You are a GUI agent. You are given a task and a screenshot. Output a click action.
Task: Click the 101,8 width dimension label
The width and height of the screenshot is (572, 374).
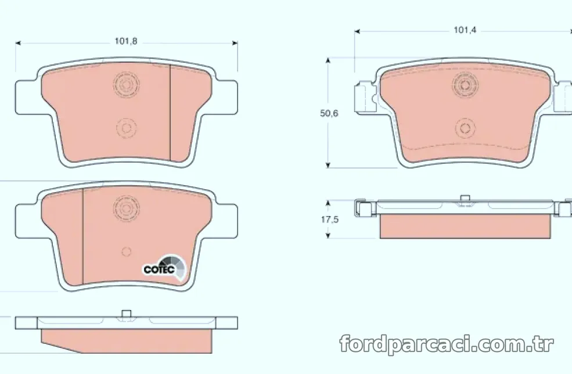click(x=126, y=41)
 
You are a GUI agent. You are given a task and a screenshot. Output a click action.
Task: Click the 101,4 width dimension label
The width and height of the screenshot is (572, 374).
click(x=465, y=30)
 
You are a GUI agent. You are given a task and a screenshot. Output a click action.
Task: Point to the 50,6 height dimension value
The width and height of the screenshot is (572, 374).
click(x=329, y=113)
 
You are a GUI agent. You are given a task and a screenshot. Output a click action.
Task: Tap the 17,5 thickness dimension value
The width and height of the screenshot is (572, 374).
click(x=330, y=220)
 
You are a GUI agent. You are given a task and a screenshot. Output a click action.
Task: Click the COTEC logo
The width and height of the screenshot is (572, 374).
click(x=164, y=269)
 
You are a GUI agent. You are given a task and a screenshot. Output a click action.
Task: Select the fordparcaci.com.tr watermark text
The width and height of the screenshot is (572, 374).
click(x=447, y=344)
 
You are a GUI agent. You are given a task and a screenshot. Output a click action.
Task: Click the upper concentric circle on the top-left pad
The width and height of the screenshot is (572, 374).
click(x=126, y=85)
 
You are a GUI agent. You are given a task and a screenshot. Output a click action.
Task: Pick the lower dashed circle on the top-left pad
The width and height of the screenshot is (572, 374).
click(x=126, y=128)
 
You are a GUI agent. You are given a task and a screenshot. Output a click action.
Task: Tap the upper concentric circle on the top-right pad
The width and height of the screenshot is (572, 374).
click(x=465, y=85)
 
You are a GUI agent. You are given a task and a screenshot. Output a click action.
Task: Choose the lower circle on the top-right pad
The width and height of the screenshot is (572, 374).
click(x=465, y=128)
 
